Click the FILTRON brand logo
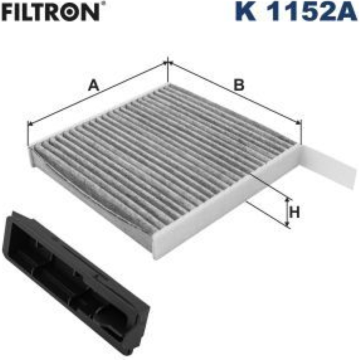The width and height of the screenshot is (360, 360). click(51, 11)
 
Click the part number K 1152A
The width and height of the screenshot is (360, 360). click(297, 11)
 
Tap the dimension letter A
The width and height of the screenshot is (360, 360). click(94, 85)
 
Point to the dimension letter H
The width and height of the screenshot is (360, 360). click(294, 212)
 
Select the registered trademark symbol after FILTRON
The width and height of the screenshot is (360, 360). click(103, 4)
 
